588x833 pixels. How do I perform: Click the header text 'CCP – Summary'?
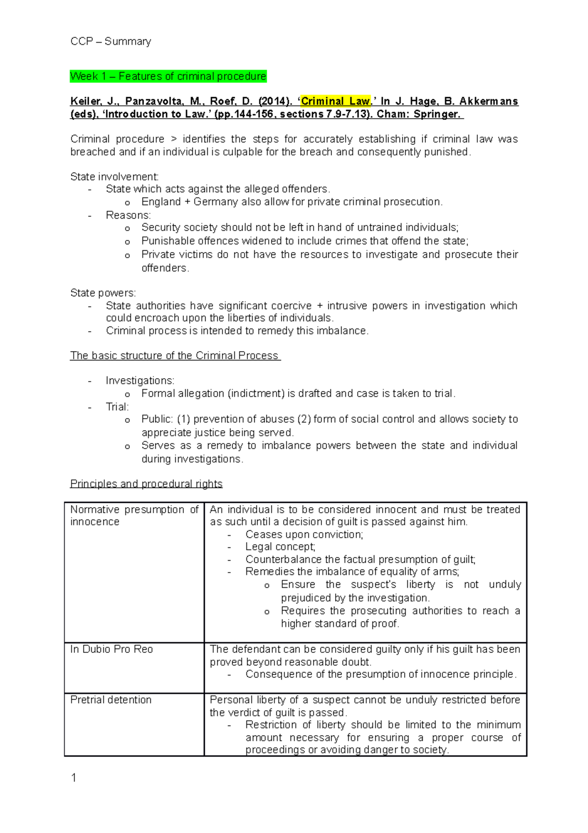click(x=111, y=41)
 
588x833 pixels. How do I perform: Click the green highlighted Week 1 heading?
click(x=168, y=77)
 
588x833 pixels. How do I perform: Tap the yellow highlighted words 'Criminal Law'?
click(x=335, y=102)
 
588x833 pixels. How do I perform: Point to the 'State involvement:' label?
click(x=114, y=177)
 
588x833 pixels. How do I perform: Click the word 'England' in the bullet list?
click(x=161, y=202)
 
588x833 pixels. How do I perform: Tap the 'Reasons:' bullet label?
click(x=128, y=215)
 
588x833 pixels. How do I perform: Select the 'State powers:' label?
click(x=103, y=293)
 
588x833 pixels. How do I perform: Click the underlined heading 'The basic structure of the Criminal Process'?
click(x=174, y=356)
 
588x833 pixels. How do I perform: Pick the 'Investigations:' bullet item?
click(x=140, y=381)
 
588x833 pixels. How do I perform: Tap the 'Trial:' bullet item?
click(x=117, y=407)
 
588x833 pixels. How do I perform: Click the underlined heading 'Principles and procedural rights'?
click(x=146, y=484)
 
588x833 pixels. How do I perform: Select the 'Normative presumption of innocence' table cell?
click(x=134, y=516)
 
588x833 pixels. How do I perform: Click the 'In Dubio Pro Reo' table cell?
click(x=112, y=650)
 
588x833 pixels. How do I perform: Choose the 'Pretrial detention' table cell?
click(x=111, y=700)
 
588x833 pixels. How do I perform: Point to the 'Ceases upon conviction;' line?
click(x=304, y=535)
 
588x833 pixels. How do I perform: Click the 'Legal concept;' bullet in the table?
click(x=280, y=547)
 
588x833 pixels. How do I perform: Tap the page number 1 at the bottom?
click(x=73, y=778)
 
